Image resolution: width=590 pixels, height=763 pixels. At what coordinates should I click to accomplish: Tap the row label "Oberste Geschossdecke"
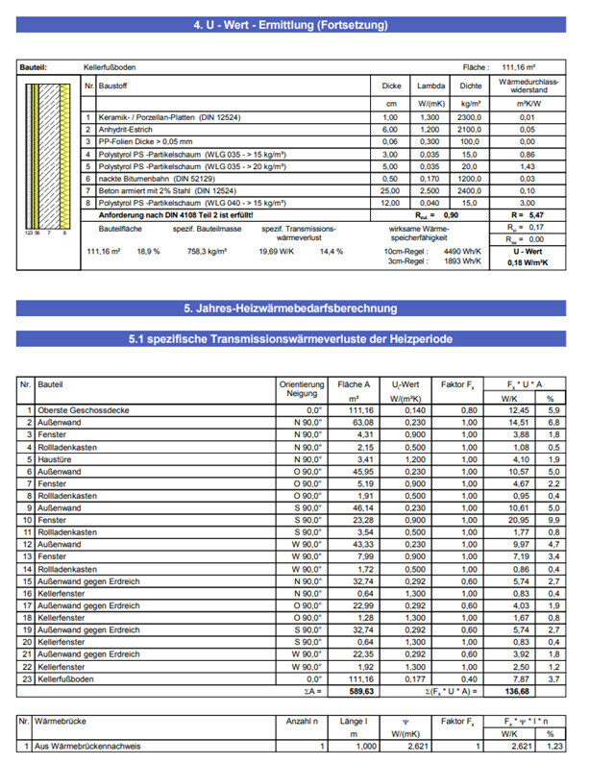click(x=74, y=410)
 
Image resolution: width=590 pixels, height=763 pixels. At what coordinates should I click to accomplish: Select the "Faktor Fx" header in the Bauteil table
click(x=458, y=384)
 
